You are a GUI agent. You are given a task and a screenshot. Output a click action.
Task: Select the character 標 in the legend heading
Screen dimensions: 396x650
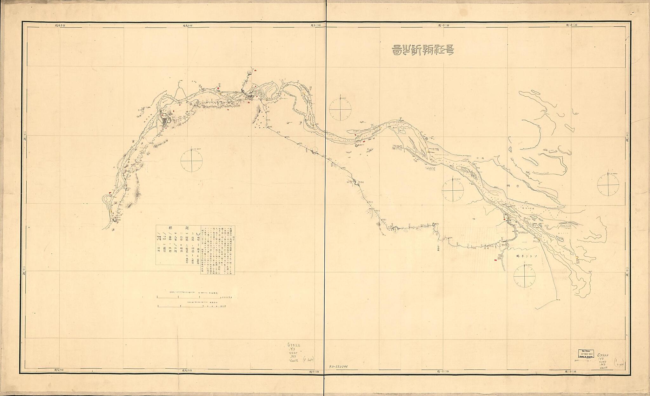pyautogui.click(x=164, y=228)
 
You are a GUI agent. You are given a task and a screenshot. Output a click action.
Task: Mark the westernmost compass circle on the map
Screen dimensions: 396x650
pyautogui.click(x=192, y=160)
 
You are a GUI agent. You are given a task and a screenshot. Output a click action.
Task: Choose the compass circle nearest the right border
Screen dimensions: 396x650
pyautogui.click(x=608, y=184)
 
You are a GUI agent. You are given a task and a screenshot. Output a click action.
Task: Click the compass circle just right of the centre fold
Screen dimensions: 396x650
pyautogui.click(x=340, y=109)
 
